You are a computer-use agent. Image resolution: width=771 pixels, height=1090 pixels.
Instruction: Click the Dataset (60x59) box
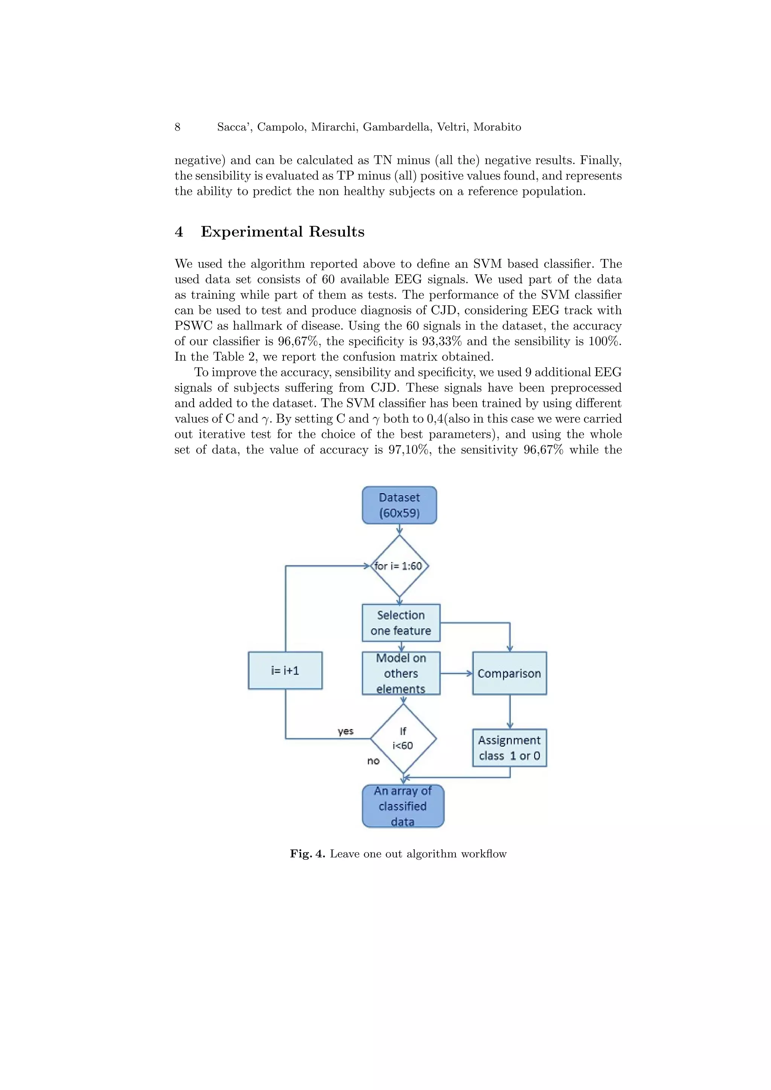click(x=399, y=505)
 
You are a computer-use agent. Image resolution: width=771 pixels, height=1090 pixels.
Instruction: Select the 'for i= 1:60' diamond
click(x=399, y=566)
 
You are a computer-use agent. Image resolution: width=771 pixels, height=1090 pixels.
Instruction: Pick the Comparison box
click(x=509, y=673)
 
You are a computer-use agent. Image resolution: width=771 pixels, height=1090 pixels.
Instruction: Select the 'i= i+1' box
click(x=285, y=670)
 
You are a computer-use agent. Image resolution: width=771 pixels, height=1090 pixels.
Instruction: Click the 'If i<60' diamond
click(x=403, y=739)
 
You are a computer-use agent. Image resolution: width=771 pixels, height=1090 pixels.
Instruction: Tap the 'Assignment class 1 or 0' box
click(x=509, y=748)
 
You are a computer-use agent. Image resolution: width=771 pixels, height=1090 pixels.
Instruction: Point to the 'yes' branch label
click(x=346, y=731)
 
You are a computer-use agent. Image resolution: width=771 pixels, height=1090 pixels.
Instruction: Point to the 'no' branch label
click(x=373, y=761)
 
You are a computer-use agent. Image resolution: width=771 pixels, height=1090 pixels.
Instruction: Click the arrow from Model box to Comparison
click(x=456, y=673)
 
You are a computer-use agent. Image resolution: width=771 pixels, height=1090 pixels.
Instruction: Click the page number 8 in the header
click(x=178, y=127)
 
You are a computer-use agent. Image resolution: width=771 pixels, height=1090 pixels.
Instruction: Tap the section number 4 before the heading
click(x=179, y=232)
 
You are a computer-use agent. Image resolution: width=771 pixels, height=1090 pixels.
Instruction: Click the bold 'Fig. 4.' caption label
click(x=308, y=854)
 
